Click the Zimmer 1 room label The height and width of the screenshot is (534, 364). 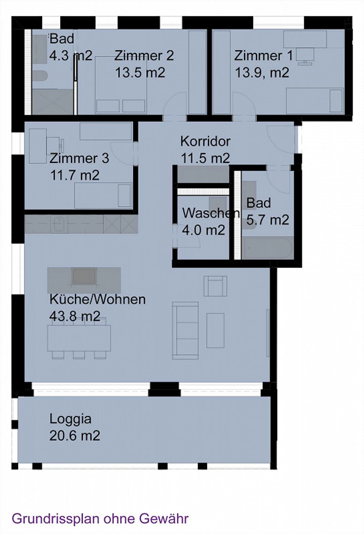coord(263,56)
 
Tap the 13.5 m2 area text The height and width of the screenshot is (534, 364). coord(140,72)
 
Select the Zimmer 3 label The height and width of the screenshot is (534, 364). coord(79,158)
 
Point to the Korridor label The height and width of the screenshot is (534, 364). coord(205,141)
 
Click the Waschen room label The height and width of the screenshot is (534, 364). coord(211,213)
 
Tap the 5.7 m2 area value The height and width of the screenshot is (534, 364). coord(267,220)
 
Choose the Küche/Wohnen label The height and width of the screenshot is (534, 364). coord(98,299)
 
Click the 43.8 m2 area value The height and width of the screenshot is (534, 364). coord(75,316)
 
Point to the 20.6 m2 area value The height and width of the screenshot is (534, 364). coord(75,436)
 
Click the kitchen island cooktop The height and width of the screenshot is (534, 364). coord(84,276)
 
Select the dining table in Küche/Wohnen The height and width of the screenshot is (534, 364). coord(79,338)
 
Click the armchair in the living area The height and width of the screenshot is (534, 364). coord(215,286)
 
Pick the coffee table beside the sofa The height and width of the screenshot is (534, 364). coord(215,331)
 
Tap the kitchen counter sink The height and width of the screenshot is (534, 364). coord(59,224)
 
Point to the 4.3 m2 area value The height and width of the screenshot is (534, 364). coord(71,56)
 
